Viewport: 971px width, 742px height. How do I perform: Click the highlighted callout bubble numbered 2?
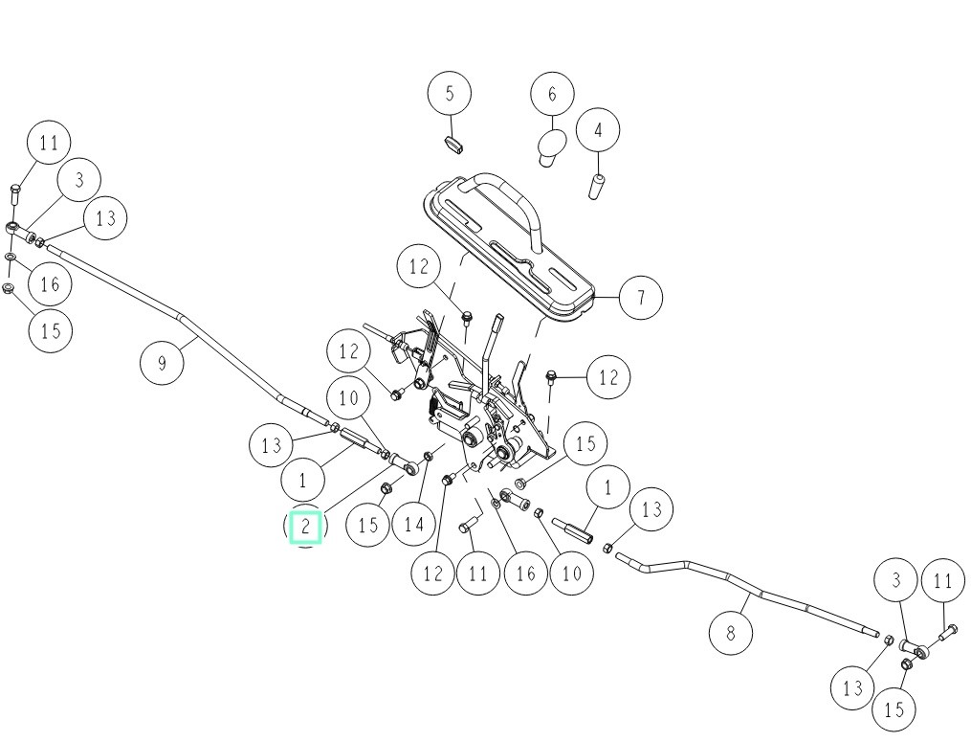tap(305, 527)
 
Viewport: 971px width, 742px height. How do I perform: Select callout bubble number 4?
tap(599, 130)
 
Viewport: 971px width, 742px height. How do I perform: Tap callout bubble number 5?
tap(451, 93)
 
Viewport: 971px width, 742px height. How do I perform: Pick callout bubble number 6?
tap(552, 95)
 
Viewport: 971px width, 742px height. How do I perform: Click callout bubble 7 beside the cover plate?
tap(640, 298)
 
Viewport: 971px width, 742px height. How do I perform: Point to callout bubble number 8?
tap(732, 632)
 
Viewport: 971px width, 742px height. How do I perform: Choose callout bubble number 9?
tap(162, 363)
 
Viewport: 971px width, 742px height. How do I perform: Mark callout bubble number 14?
tap(413, 524)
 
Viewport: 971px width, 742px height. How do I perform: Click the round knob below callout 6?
tap(549, 146)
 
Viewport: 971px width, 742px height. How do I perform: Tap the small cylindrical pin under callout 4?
tap(595, 187)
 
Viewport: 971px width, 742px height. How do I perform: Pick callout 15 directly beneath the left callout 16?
tap(51, 330)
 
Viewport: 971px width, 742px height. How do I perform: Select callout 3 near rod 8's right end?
tap(896, 579)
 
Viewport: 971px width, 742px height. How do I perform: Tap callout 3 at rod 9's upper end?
tap(79, 179)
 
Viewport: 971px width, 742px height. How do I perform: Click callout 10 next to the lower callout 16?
tap(570, 573)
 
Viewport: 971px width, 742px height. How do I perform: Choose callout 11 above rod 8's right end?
tap(943, 580)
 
